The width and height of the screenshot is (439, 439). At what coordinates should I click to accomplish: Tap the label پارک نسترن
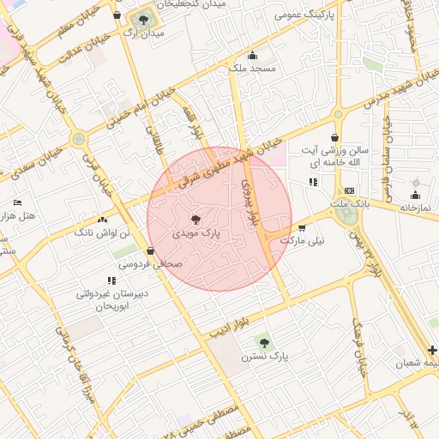[x=264, y=356]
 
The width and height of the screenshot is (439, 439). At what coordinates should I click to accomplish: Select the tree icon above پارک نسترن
[x=263, y=342]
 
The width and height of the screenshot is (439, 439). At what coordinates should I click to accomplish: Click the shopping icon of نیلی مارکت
[x=302, y=228]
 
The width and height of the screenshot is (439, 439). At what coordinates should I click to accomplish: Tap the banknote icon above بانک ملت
[x=349, y=190]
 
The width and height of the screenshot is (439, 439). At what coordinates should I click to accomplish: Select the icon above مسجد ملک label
[x=251, y=56]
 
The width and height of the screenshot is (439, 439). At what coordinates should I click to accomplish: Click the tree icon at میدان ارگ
[x=142, y=19]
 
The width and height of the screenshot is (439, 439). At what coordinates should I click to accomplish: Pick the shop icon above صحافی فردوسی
[x=151, y=251]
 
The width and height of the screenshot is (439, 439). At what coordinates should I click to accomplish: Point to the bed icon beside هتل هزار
[x=18, y=203]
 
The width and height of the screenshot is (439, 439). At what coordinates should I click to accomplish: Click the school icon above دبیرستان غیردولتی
[x=111, y=280]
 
